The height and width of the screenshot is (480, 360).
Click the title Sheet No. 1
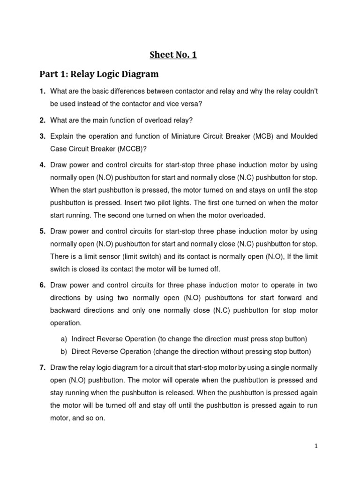point(173,55)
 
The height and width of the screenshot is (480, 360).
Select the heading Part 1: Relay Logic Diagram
point(99,74)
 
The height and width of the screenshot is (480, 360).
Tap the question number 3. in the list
point(42,136)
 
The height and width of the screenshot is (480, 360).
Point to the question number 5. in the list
point(42,232)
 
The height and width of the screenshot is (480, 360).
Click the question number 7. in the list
point(42,367)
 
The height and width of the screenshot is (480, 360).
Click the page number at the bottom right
point(316,446)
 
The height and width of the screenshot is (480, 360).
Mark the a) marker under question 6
point(63,338)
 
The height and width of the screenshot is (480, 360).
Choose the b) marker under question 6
point(63,352)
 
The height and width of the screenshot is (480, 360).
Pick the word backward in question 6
point(65,310)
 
